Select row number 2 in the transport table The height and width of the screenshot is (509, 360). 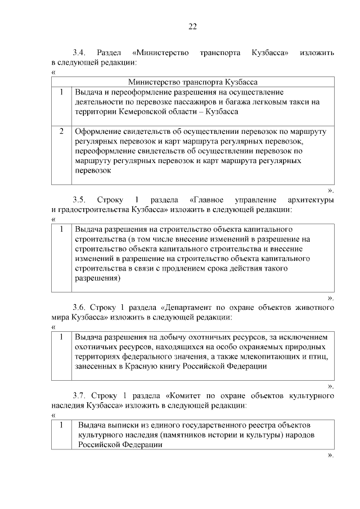(x=61, y=131)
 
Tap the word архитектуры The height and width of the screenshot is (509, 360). (x=312, y=200)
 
